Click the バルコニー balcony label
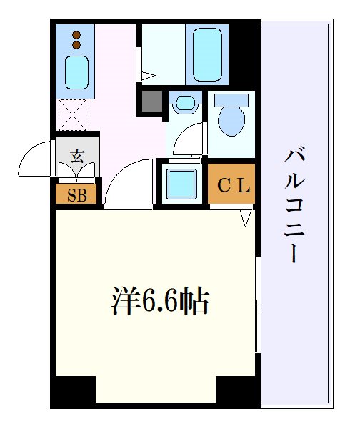click(293, 206)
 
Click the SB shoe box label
click(76, 194)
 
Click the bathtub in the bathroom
click(207, 54)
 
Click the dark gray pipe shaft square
click(151, 100)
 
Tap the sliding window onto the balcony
click(259, 304)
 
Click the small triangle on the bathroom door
click(148, 74)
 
